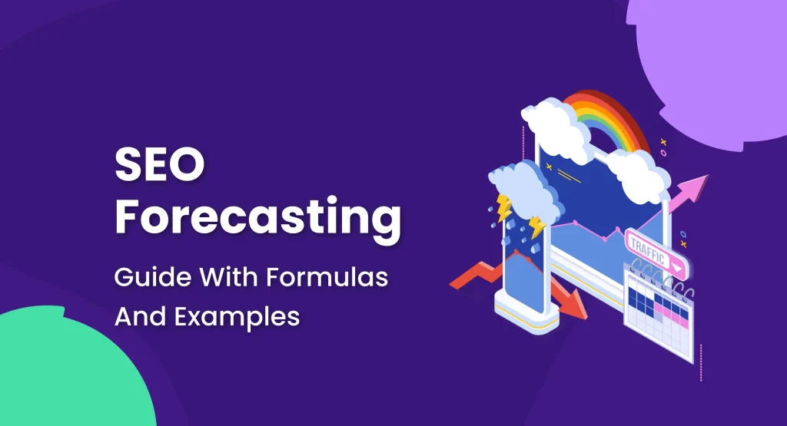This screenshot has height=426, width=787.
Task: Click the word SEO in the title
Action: click(159, 167)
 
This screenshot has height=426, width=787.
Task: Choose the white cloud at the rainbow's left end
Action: click(556, 119)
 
